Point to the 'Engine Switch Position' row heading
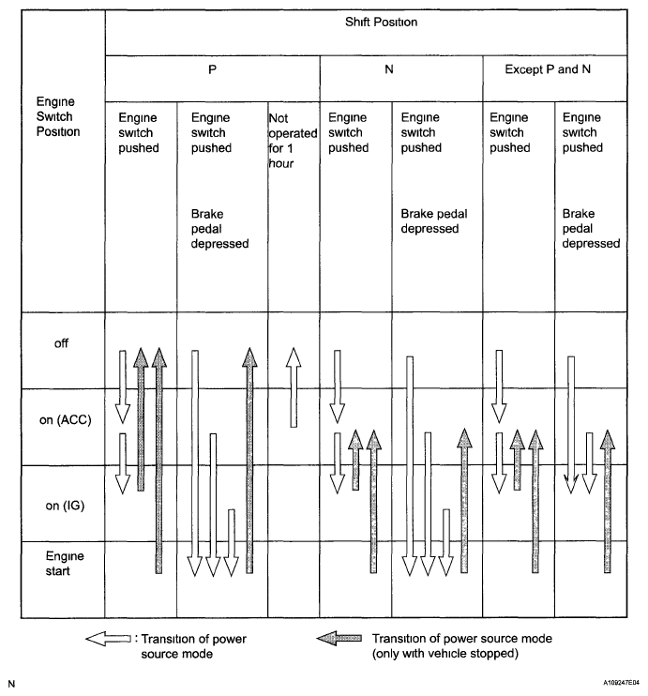pyautogui.click(x=54, y=116)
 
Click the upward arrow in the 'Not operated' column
pyautogui.click(x=293, y=386)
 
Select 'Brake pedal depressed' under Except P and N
pyautogui.click(x=591, y=228)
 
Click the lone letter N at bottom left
pyautogui.click(x=11, y=686)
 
